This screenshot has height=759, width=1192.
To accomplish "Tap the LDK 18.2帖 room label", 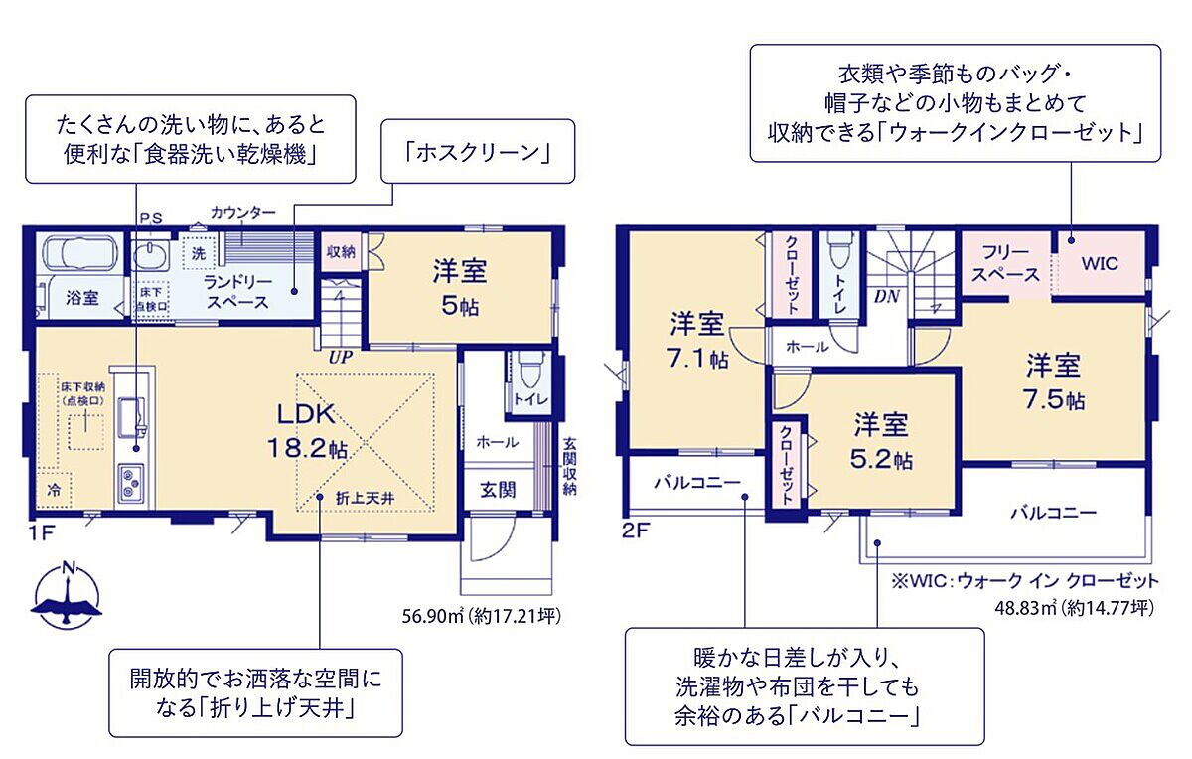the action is (x=307, y=431).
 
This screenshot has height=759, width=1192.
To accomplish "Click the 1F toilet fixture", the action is (x=528, y=369).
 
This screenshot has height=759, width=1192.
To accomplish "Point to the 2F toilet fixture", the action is (x=839, y=251).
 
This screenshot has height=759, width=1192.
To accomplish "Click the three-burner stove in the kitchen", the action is (x=131, y=482).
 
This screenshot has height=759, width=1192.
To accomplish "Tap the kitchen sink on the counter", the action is (x=131, y=416).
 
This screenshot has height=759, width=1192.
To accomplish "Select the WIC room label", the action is (x=1100, y=263).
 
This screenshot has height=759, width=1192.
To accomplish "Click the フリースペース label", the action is (x=1005, y=264).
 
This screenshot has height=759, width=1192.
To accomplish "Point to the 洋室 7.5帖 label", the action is (x=1054, y=381).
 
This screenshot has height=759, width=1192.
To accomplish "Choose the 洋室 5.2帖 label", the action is (x=881, y=441).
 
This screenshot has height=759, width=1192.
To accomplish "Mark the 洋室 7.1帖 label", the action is (x=697, y=341).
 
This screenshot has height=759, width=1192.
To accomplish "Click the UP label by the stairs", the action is (x=340, y=357).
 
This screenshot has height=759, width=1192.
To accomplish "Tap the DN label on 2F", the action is (x=886, y=296).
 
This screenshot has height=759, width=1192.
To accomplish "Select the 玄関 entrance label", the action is (x=498, y=490).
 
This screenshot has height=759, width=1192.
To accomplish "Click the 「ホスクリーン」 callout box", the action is (x=478, y=151).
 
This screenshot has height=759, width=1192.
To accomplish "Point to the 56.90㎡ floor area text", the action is (x=481, y=616).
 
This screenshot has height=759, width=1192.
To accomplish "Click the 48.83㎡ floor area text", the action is (x=1075, y=608).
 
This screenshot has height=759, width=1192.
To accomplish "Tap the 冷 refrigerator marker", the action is (x=54, y=490).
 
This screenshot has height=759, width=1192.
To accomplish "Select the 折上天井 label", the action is (x=366, y=498).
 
